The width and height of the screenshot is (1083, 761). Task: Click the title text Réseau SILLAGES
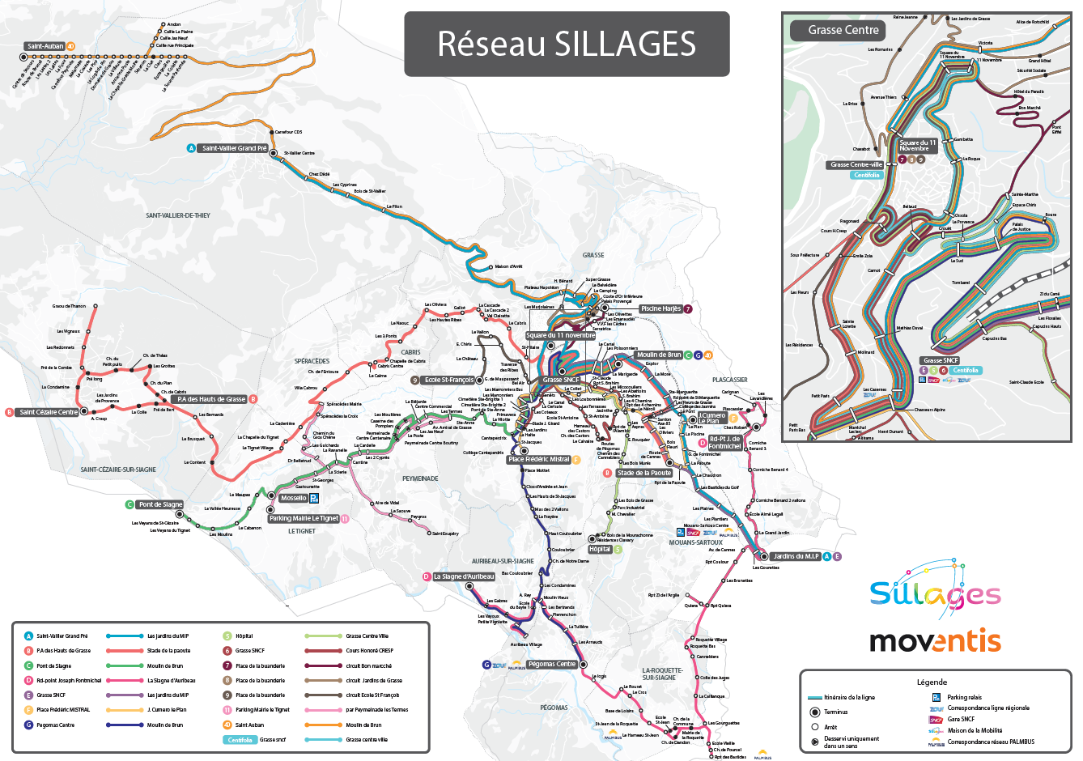tap(567, 44)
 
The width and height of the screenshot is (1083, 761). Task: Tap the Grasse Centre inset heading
tap(843, 30)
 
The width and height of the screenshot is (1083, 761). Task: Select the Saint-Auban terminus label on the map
tap(45, 46)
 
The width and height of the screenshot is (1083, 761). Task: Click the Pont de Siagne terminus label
tap(160, 504)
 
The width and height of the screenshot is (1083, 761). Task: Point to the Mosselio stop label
tap(293, 498)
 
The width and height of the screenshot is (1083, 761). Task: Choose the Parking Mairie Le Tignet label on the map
tap(304, 518)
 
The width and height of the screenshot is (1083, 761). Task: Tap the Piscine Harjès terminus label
tap(660, 308)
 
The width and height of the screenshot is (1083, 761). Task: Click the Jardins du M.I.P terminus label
tap(796, 556)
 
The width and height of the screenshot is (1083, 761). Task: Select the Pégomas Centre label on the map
tap(551, 664)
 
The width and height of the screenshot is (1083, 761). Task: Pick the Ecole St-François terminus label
tap(448, 380)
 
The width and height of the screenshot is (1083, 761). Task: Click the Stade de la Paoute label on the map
tap(643, 473)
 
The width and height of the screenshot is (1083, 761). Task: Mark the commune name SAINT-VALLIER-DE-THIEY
tap(177, 215)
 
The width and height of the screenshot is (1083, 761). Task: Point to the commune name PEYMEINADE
tap(420, 478)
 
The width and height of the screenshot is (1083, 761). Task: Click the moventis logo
tap(935, 641)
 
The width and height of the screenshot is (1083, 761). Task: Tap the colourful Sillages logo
tap(935, 593)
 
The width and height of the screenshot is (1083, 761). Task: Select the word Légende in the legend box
tap(932, 682)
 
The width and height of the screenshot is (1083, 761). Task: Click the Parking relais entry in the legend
tap(964, 697)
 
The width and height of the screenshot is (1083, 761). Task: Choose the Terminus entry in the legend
tap(836, 712)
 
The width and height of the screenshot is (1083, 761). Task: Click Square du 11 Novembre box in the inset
tap(917, 146)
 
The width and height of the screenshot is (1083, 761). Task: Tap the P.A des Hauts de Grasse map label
tap(210, 399)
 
